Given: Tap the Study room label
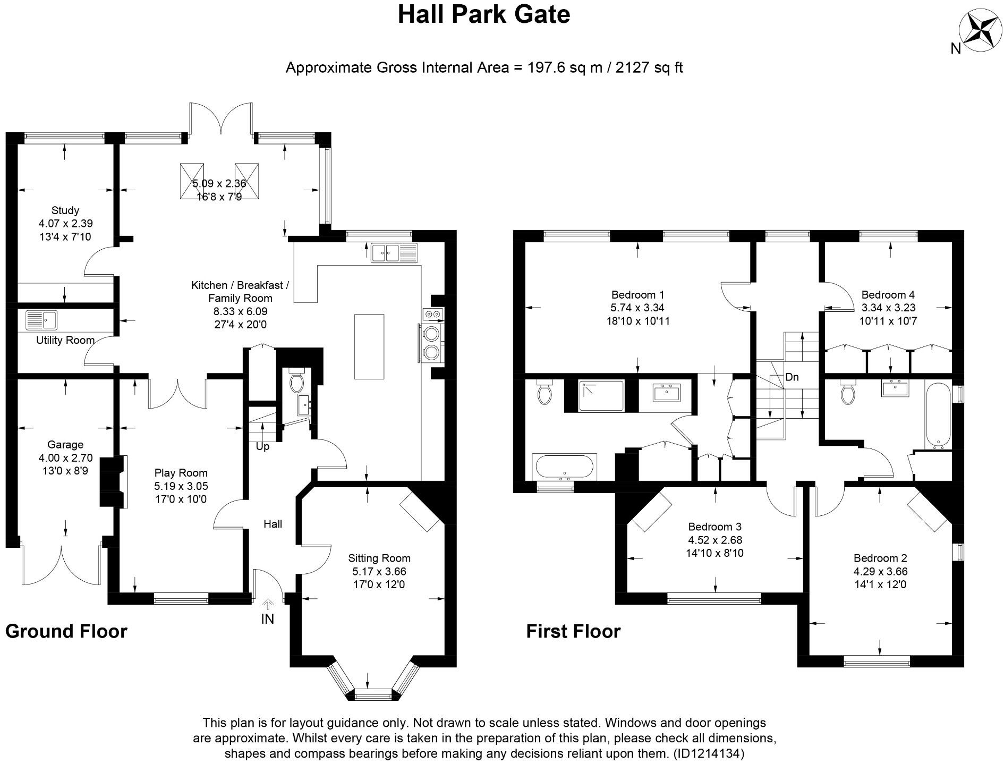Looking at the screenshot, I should [x=65, y=210].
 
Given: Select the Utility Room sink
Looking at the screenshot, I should [x=41, y=320].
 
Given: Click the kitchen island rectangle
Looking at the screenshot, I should [x=369, y=346].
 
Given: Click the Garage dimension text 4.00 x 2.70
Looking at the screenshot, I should [x=65, y=457].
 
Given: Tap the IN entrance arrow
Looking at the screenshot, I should [x=268, y=604].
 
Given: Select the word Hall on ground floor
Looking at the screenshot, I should [x=273, y=524].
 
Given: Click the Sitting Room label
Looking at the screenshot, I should [x=379, y=558].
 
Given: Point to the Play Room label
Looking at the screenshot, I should [x=181, y=472].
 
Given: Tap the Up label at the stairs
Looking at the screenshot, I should [x=262, y=447].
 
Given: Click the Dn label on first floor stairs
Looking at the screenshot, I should [x=792, y=377].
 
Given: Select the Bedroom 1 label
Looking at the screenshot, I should [x=637, y=294].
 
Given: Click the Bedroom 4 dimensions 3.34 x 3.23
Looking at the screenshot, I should [x=888, y=308].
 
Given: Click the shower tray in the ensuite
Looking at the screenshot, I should [x=601, y=396].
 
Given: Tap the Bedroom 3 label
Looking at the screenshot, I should [x=714, y=527].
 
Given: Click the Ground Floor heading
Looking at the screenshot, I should [x=66, y=631].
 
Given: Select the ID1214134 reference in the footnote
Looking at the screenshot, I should [x=709, y=753].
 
